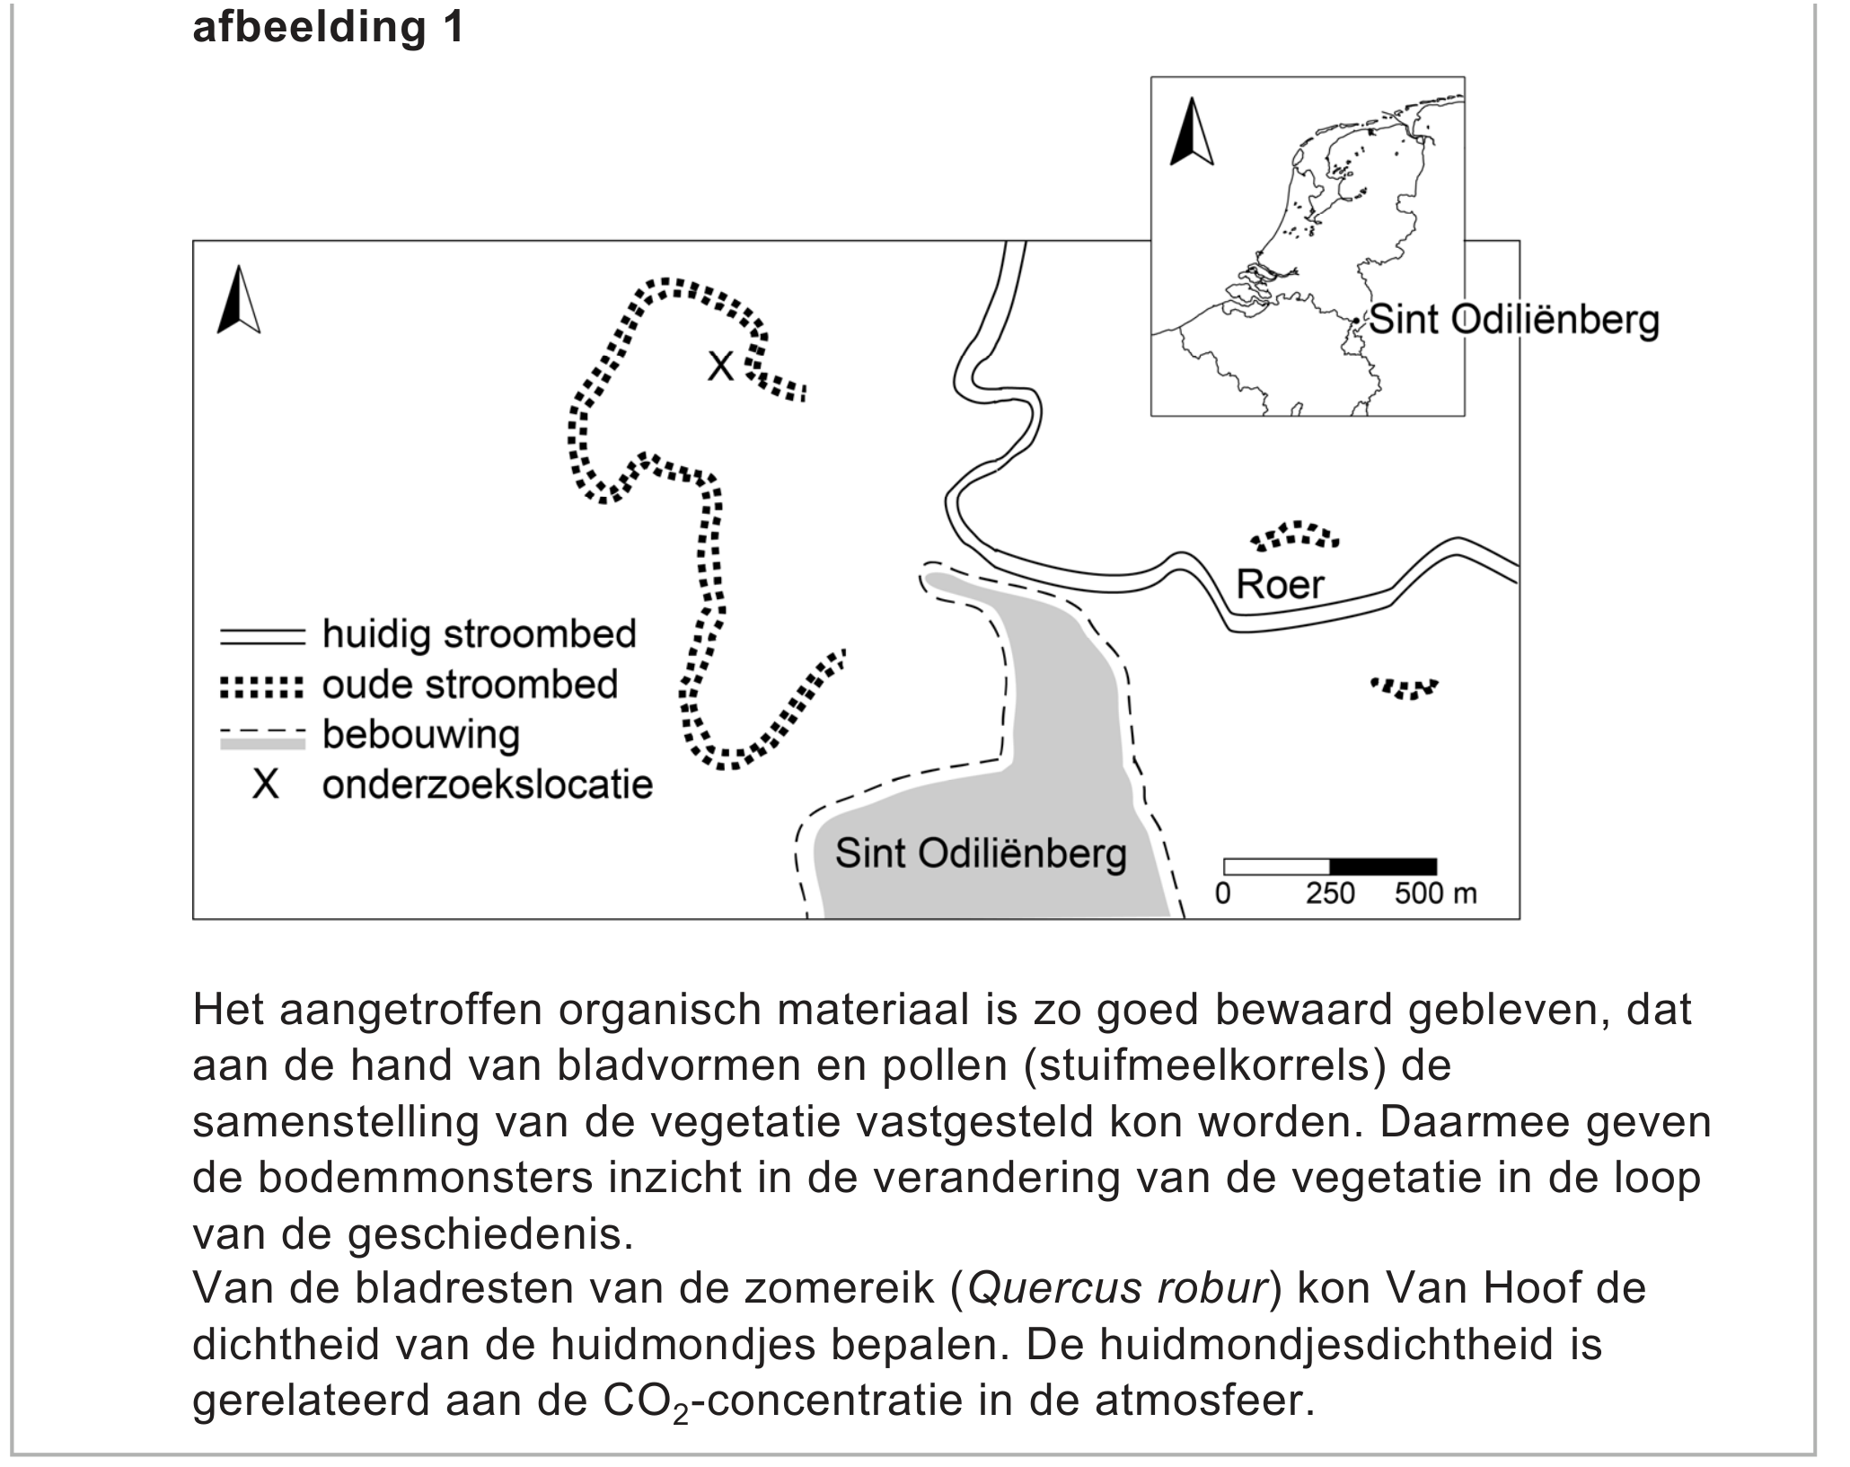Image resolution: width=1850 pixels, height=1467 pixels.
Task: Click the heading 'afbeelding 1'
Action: (x=329, y=27)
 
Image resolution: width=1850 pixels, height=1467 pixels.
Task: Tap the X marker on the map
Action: (x=720, y=366)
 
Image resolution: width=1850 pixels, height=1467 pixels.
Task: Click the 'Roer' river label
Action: (x=1280, y=585)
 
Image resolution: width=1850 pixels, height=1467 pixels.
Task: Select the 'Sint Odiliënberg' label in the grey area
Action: (x=981, y=853)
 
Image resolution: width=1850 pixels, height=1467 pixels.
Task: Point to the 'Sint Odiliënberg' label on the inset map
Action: (x=1514, y=320)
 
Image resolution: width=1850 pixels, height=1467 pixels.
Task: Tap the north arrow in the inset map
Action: (x=1192, y=131)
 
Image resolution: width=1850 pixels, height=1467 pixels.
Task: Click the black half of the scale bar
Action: (x=1383, y=867)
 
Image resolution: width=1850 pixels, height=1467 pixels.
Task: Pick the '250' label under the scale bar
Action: (x=1330, y=894)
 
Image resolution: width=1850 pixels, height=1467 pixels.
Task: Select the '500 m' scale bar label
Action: (x=1435, y=894)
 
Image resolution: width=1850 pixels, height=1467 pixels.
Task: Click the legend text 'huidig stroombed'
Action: (x=480, y=634)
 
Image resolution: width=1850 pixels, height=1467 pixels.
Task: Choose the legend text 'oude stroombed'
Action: (x=471, y=685)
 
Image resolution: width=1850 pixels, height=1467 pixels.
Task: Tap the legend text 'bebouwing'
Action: (x=421, y=735)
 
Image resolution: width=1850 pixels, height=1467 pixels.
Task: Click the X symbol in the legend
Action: (x=265, y=785)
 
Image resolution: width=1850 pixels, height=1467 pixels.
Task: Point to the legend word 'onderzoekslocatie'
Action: (x=488, y=785)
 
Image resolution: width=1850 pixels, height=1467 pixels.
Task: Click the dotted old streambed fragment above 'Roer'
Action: (x=1295, y=535)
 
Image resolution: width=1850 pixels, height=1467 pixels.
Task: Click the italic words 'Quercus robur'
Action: (x=1117, y=1288)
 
